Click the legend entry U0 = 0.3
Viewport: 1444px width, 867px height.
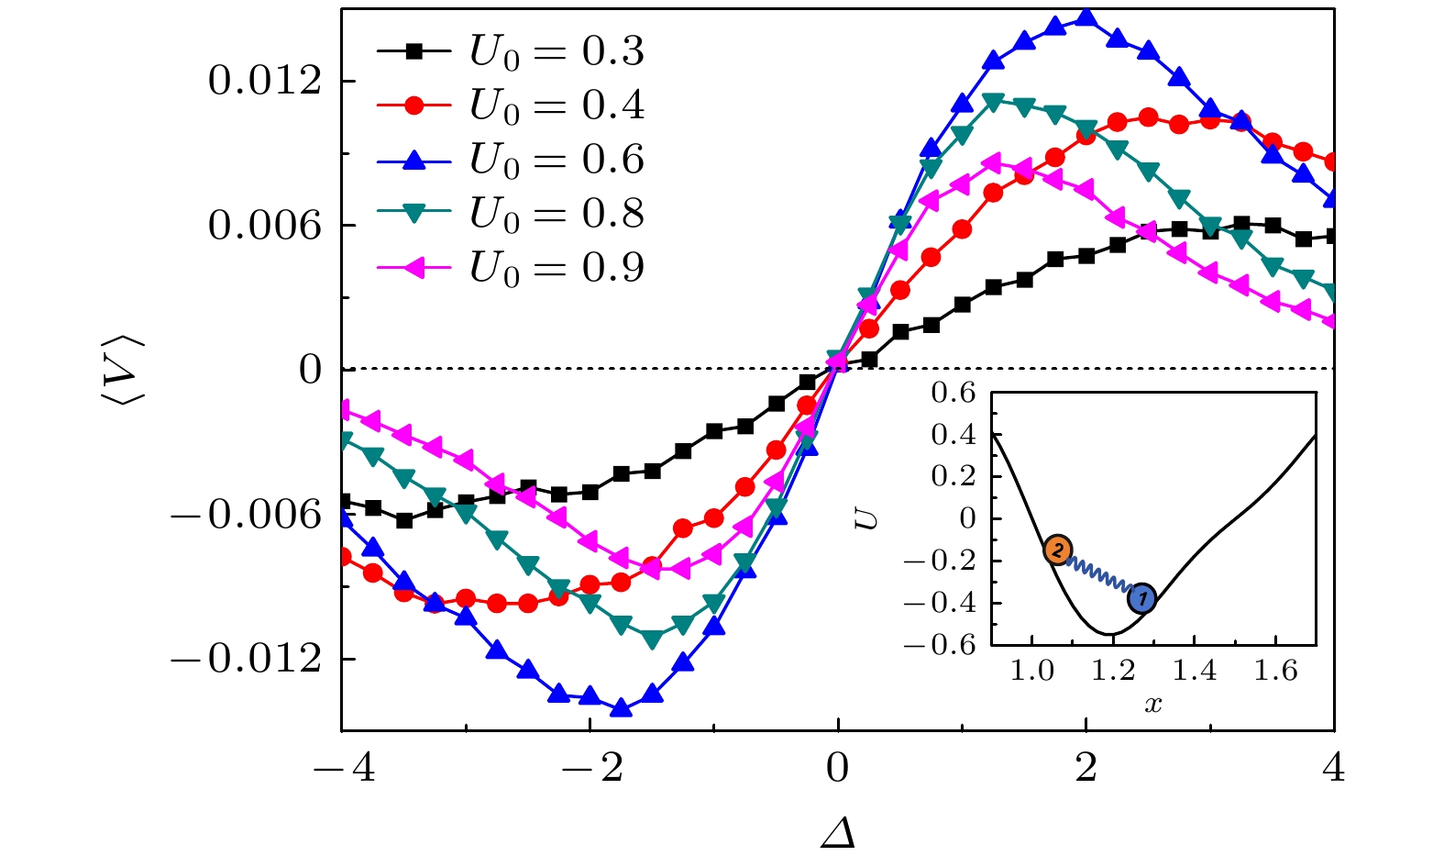[x=510, y=52]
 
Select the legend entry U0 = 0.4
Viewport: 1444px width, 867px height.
[x=510, y=106]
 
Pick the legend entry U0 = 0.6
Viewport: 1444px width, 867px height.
[x=510, y=160]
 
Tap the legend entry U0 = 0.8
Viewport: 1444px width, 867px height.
[x=510, y=213]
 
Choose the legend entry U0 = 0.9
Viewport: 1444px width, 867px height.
[x=510, y=267]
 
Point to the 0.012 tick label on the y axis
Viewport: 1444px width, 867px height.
[x=265, y=81]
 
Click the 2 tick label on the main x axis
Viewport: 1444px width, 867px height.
[x=1086, y=767]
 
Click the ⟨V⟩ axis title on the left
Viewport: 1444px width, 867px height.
[x=127, y=369]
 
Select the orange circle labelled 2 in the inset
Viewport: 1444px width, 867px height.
[x=1057, y=550]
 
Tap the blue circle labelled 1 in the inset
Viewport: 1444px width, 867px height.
[x=1141, y=599]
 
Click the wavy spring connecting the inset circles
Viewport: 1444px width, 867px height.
[x=1099, y=575]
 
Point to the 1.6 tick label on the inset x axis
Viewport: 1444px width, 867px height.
[x=1276, y=672]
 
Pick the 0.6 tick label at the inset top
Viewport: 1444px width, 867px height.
[x=953, y=393]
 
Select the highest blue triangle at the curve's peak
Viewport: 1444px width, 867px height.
[x=1086, y=17]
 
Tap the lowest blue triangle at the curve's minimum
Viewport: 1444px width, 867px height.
[x=621, y=707]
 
